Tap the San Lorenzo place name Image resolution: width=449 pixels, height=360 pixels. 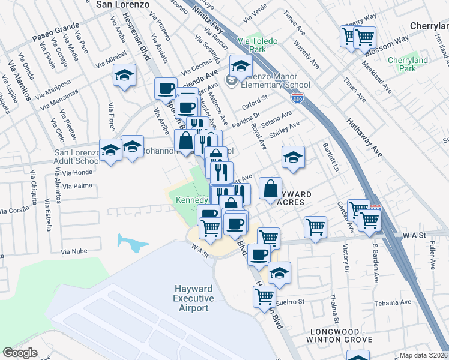[122, 4]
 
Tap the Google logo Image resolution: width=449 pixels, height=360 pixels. [20, 353]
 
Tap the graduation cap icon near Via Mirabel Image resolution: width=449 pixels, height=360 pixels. [124, 76]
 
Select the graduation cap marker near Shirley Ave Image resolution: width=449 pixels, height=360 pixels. [293, 158]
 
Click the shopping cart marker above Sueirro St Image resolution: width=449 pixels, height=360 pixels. [264, 295]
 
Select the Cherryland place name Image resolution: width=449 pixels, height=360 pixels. [429, 26]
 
